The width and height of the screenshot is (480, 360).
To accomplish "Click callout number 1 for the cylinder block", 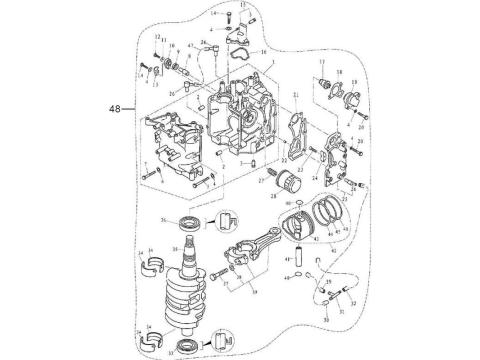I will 267,62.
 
